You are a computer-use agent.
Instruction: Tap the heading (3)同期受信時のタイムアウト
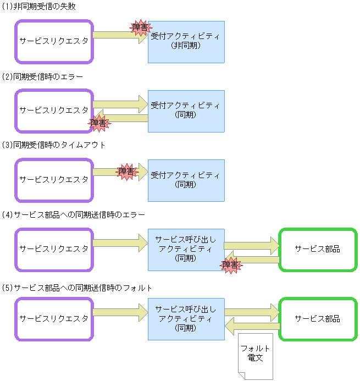[53, 145]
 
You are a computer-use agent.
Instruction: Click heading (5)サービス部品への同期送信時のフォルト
[76, 287]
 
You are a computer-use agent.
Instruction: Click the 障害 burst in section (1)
[140, 27]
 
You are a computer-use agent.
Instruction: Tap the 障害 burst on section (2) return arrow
[99, 123]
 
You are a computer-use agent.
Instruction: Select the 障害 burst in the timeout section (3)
[126, 172]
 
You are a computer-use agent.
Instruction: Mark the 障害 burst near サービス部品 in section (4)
[231, 265]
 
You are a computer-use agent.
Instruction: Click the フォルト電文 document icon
[256, 355]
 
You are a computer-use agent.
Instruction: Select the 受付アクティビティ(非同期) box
[186, 42]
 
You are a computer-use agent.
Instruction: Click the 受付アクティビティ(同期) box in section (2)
[186, 111]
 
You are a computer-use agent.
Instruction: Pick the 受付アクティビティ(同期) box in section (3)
[186, 180]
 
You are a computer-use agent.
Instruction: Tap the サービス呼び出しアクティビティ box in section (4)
[186, 249]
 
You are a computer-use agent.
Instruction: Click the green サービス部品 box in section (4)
[318, 249]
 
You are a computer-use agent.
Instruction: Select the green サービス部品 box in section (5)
[318, 319]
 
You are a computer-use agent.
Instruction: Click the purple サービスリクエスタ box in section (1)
[54, 42]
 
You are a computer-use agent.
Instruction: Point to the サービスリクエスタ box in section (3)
[54, 180]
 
